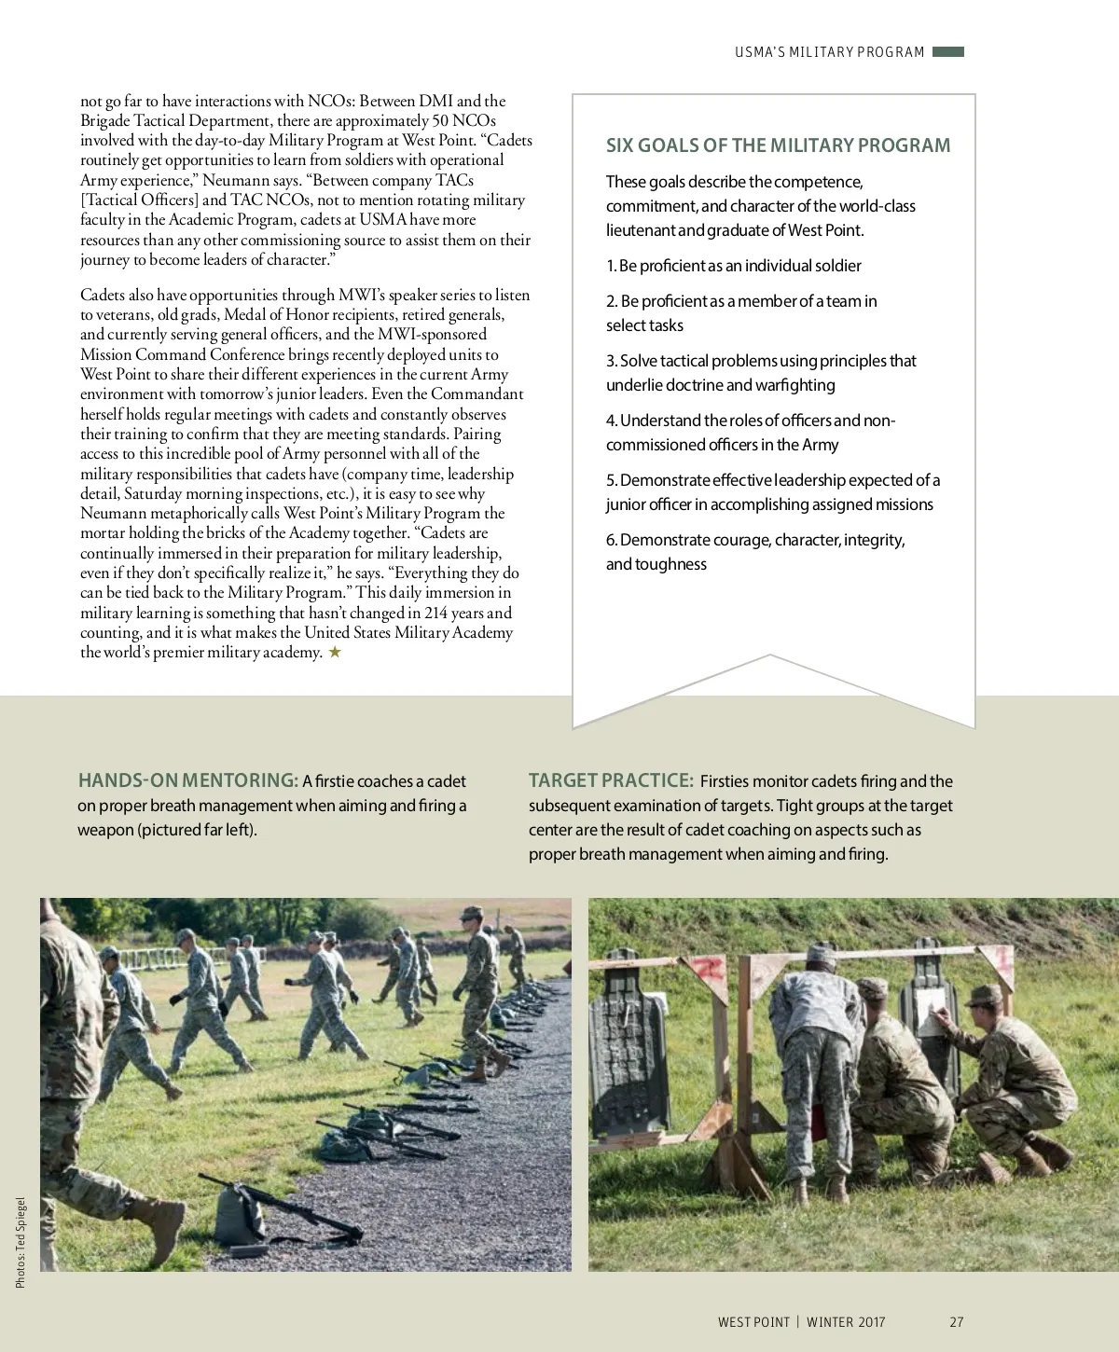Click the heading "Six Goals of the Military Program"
778,145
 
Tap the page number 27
956,1321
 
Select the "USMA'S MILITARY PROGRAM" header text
829,52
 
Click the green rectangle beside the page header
947,52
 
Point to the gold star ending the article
335,653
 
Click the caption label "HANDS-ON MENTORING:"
187,780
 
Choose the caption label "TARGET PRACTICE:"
611,780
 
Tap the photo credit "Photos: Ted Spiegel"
21,1242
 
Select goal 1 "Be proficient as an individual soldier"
733,266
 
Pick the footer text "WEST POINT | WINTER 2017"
801,1321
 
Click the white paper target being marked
931,1013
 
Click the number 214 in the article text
435,613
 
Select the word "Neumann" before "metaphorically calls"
111,513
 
